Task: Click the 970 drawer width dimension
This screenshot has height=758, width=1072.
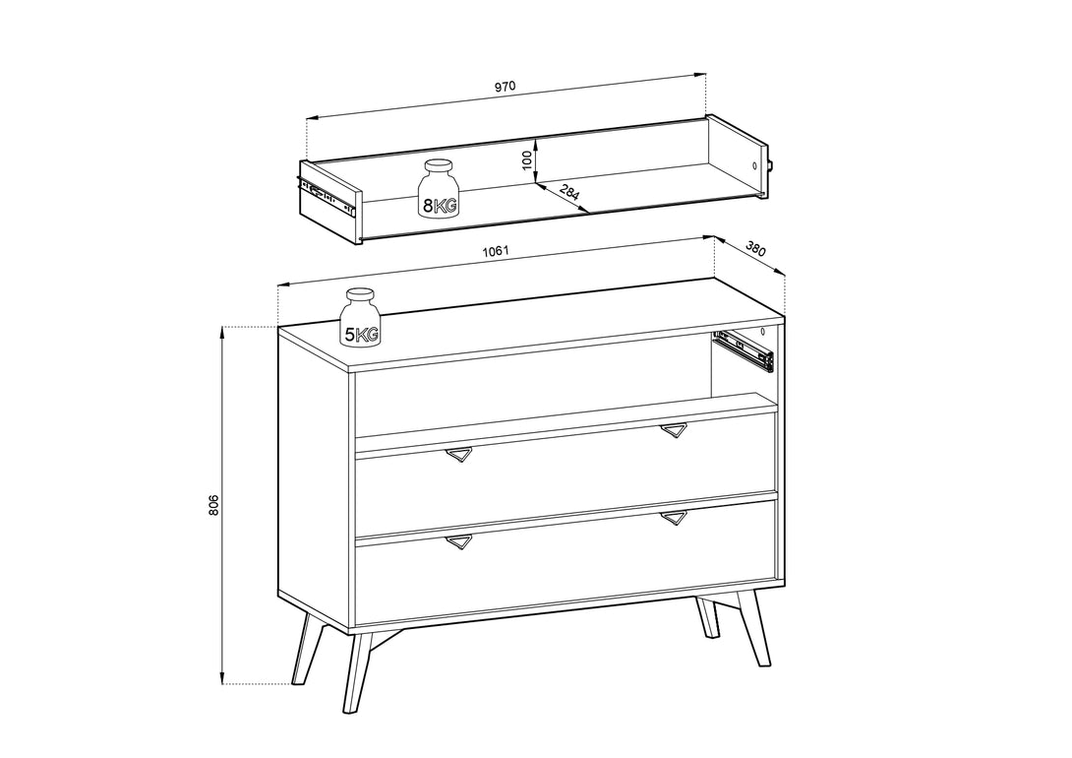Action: click(x=505, y=87)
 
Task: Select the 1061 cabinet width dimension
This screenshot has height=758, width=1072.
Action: click(x=496, y=250)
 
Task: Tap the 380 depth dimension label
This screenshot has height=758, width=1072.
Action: click(x=755, y=248)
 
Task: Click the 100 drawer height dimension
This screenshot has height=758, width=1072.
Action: click(x=526, y=160)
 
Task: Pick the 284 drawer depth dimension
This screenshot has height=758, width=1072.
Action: click(x=569, y=192)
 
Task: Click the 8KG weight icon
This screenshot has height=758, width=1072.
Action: click(x=439, y=188)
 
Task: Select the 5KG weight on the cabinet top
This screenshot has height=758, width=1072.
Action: click(x=360, y=317)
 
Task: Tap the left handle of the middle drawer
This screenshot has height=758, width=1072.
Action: click(x=458, y=454)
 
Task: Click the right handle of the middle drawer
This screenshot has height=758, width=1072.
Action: click(x=674, y=430)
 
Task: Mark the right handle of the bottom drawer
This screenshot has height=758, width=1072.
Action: click(x=674, y=518)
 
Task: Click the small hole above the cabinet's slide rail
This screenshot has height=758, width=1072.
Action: click(x=762, y=332)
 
